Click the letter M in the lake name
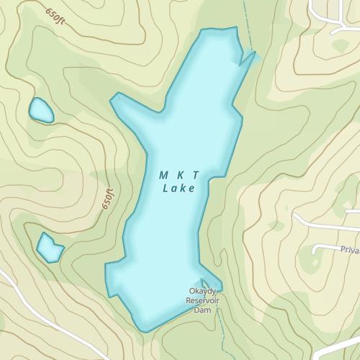[x=163, y=175]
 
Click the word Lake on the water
[x=179, y=189]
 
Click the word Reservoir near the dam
[x=204, y=300]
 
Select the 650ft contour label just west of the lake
[x=109, y=197]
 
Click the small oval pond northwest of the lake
[x=40, y=111]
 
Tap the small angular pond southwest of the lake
[x=50, y=248]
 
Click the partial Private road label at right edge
[x=349, y=250]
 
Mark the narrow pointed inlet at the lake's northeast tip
[x=249, y=58]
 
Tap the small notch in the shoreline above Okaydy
[x=204, y=283]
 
